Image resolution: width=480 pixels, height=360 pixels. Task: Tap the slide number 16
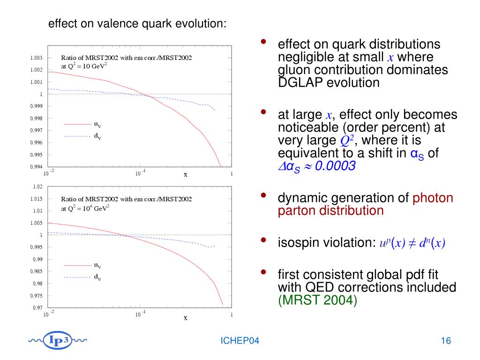[x=445, y=341]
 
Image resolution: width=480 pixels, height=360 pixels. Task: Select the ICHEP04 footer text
[x=240, y=341]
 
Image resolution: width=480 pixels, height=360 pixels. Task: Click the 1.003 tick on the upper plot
[x=37, y=58]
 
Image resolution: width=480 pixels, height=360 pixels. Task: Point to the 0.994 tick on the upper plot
[x=37, y=167]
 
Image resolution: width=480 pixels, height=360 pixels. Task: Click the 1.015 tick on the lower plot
[x=37, y=199]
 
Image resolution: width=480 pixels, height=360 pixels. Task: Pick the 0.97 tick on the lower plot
[x=38, y=308]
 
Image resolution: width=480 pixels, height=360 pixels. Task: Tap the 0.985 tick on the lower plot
[x=37, y=271]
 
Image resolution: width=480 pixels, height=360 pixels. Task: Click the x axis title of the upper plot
[x=185, y=174]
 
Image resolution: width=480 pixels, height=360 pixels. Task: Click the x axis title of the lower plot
[x=185, y=318]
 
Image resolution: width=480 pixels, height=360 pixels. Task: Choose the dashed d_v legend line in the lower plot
[x=76, y=277]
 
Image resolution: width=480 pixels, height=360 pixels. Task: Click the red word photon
[x=433, y=198]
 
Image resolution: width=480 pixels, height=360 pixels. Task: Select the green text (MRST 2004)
[x=317, y=300]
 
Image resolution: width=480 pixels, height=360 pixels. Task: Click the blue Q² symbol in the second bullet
[x=346, y=141]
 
